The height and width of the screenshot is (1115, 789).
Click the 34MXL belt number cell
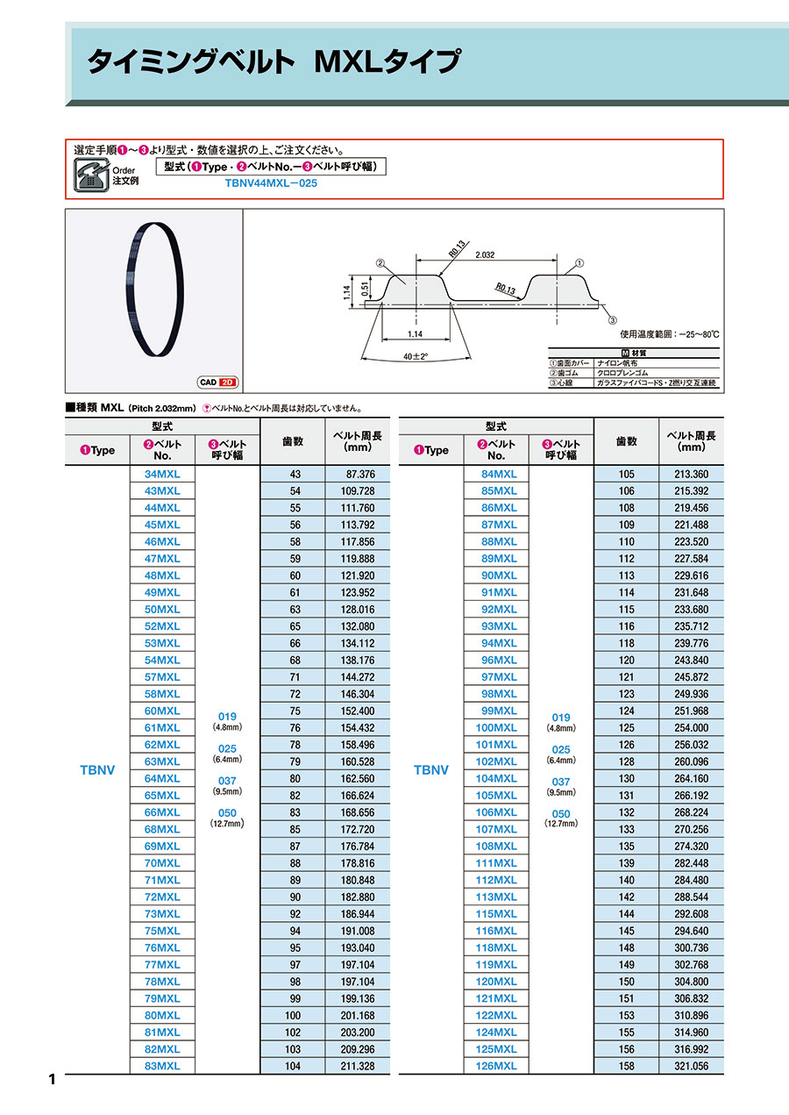(x=162, y=474)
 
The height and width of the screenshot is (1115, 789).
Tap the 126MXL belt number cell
(x=496, y=1066)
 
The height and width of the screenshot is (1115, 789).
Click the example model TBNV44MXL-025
(x=271, y=184)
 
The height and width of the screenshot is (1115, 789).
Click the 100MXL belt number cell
(x=496, y=727)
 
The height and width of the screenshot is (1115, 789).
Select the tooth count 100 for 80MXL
(x=294, y=1015)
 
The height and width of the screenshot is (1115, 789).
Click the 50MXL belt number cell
(x=162, y=609)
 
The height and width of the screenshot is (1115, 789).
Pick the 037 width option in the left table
(x=227, y=782)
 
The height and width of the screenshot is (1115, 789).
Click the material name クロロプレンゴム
(x=622, y=373)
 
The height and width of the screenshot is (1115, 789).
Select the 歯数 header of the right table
(x=626, y=441)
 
